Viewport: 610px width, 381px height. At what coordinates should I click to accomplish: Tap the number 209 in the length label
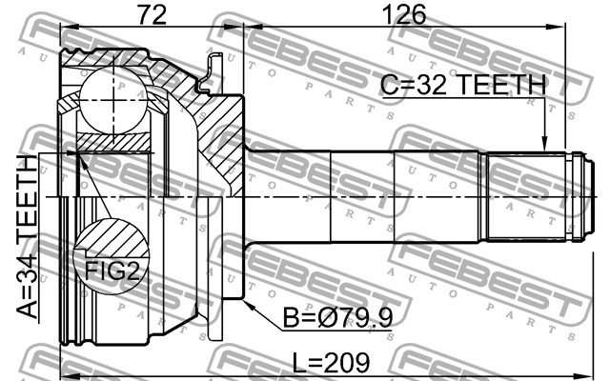[347, 364]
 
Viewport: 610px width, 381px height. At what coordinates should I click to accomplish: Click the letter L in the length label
[299, 364]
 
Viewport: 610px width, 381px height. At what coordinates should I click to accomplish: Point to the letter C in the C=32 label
[389, 85]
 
